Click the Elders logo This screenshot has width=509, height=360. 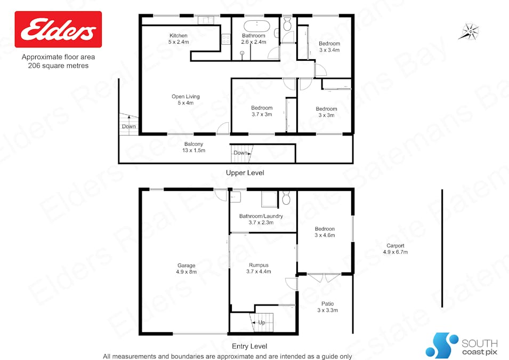pyautogui.click(x=58, y=30)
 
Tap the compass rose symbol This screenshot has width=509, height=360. pyautogui.click(x=469, y=31)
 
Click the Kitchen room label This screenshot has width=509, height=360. pyautogui.click(x=178, y=39)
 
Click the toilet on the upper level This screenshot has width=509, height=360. pyautogui.click(x=287, y=23)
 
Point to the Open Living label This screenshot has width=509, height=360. pyautogui.click(x=185, y=100)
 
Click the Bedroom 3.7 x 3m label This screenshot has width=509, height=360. pyautogui.click(x=262, y=111)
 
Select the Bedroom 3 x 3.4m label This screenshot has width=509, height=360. pyautogui.click(x=329, y=46)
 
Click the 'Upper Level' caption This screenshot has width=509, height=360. pyautogui.click(x=245, y=173)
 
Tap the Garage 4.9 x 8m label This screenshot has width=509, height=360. pyautogui.click(x=187, y=268)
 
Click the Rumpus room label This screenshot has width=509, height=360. pyautogui.click(x=258, y=268)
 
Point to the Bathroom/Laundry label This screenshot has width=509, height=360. pyautogui.click(x=261, y=219)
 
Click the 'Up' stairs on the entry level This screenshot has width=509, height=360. pyautogui.click(x=261, y=322)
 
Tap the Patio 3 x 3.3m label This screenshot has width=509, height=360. pyautogui.click(x=327, y=307)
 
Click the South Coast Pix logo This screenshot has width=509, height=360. pyautogui.click(x=461, y=346)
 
